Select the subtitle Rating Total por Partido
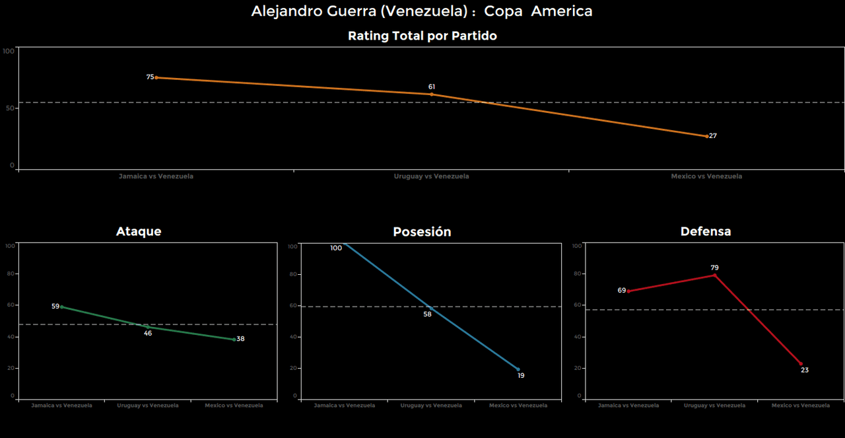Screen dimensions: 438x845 tap(422, 36)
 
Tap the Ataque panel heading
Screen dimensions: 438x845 tap(139, 231)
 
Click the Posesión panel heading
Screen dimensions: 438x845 tap(422, 232)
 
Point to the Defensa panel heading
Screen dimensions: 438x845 tap(706, 231)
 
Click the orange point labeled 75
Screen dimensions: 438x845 tap(156, 78)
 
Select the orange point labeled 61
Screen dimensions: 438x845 tap(432, 94)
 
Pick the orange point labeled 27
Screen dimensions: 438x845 tap(706, 136)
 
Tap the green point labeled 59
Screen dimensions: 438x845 tap(62, 307)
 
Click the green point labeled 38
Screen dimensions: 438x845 tap(234, 340)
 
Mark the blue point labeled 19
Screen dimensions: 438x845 tap(518, 369)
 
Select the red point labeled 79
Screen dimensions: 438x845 tap(714, 275)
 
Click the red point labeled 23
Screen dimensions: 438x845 tap(801, 363)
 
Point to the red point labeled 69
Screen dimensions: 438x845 tap(628, 291)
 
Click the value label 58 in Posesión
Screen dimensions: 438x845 tap(427, 314)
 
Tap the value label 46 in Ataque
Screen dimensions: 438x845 tap(148, 334)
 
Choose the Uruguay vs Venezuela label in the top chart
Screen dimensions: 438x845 tap(431, 177)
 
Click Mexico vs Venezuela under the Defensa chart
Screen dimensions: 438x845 tap(801, 406)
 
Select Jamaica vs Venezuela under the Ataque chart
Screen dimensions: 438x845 tap(62, 406)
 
